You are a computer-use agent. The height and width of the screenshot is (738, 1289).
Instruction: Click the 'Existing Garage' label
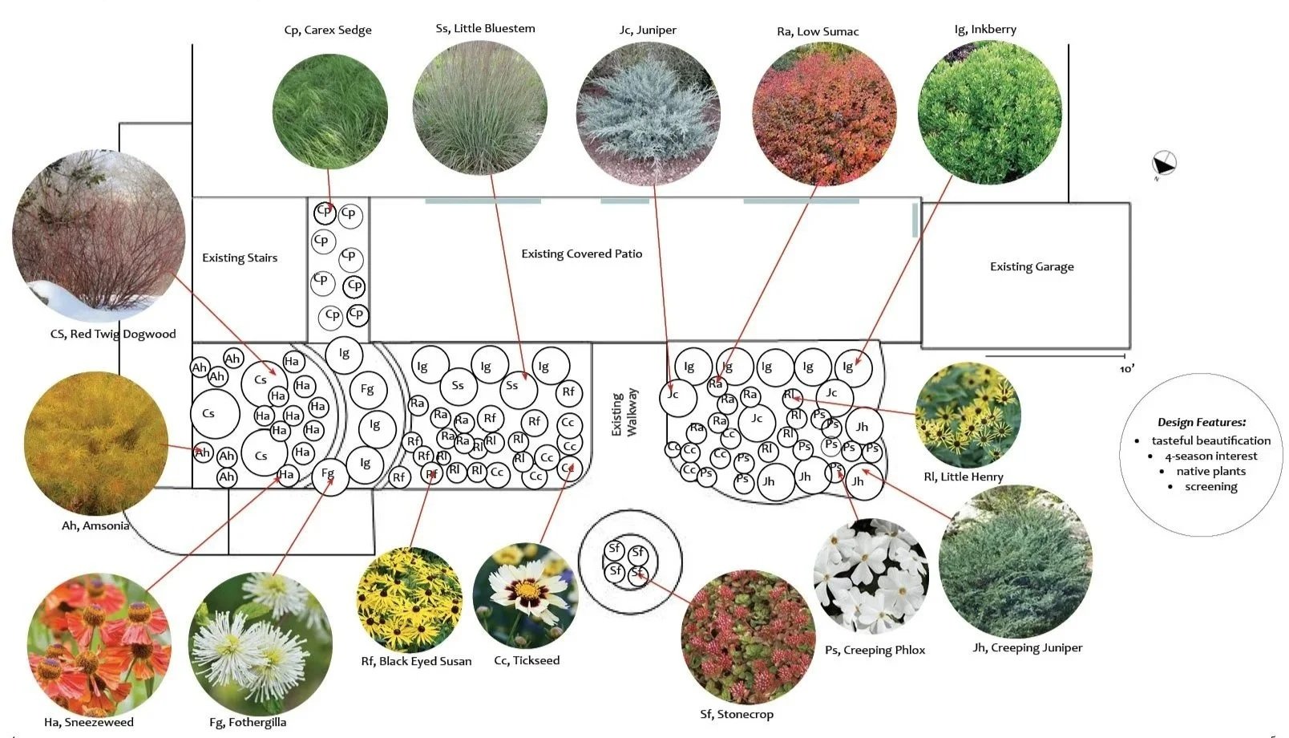(x=1032, y=267)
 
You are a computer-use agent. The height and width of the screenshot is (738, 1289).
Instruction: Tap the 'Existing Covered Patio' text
(x=581, y=254)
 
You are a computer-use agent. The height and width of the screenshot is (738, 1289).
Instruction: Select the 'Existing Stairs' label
(x=240, y=258)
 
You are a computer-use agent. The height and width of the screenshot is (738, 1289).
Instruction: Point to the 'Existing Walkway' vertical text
(x=624, y=413)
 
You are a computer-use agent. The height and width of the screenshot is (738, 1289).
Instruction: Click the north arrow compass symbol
(x=1164, y=164)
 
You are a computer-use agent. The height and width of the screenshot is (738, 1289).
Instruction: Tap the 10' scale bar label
(x=1126, y=369)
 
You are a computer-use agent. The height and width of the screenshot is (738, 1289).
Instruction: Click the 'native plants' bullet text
(x=1210, y=472)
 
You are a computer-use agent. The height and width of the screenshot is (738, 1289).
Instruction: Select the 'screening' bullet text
(x=1210, y=487)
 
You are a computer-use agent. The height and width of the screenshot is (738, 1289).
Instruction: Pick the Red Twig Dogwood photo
(x=99, y=234)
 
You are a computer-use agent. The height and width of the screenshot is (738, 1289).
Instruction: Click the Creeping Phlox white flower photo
(x=871, y=576)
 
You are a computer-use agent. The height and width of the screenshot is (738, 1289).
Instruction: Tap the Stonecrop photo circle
(x=748, y=637)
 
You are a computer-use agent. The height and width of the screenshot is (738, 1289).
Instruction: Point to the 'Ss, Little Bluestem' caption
(x=485, y=29)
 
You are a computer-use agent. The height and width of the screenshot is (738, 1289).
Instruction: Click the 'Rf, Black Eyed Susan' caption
(x=416, y=662)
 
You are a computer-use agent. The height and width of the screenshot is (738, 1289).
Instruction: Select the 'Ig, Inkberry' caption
(x=985, y=30)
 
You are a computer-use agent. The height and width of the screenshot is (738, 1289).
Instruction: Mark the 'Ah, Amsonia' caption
(x=95, y=526)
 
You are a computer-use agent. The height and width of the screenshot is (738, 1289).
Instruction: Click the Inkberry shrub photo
(x=989, y=112)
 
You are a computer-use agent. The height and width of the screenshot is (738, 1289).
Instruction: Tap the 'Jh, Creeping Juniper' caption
(x=1028, y=648)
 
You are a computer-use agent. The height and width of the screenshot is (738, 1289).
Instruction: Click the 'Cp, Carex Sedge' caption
(x=328, y=30)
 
